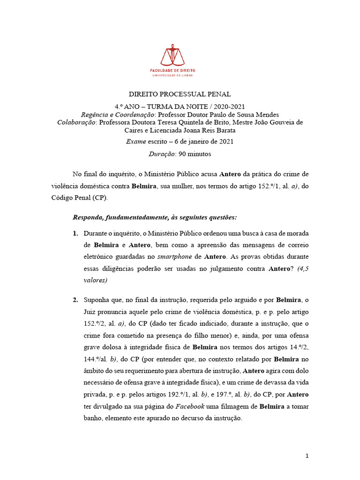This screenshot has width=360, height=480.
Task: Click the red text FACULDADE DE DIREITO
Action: point(172,70)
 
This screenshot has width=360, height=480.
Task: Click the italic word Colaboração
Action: point(76,122)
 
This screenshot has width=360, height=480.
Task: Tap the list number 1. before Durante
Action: point(75,233)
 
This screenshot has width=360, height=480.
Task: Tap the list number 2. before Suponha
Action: point(75,300)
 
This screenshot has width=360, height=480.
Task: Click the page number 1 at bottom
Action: point(307,456)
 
